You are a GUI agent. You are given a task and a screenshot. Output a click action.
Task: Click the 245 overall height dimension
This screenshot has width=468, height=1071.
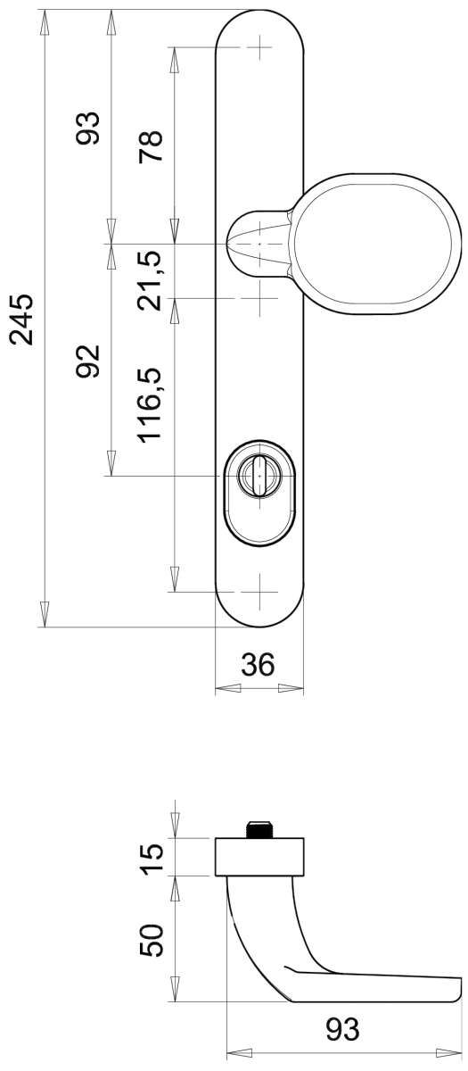pyautogui.click(x=22, y=320)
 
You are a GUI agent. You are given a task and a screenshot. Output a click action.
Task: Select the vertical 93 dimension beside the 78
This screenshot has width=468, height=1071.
pyautogui.click(x=88, y=128)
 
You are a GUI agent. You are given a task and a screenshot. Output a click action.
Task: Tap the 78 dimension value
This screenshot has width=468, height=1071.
pyautogui.click(x=151, y=146)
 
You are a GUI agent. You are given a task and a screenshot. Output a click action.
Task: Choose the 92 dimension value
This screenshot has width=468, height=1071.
pyautogui.click(x=88, y=361)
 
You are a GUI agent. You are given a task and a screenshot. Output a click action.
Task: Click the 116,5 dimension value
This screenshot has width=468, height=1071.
pyautogui.click(x=152, y=404)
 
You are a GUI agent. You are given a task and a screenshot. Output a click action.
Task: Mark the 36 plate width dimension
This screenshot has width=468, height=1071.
pyautogui.click(x=258, y=664)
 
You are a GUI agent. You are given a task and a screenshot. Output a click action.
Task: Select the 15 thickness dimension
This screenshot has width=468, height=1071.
pyautogui.click(x=152, y=859)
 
